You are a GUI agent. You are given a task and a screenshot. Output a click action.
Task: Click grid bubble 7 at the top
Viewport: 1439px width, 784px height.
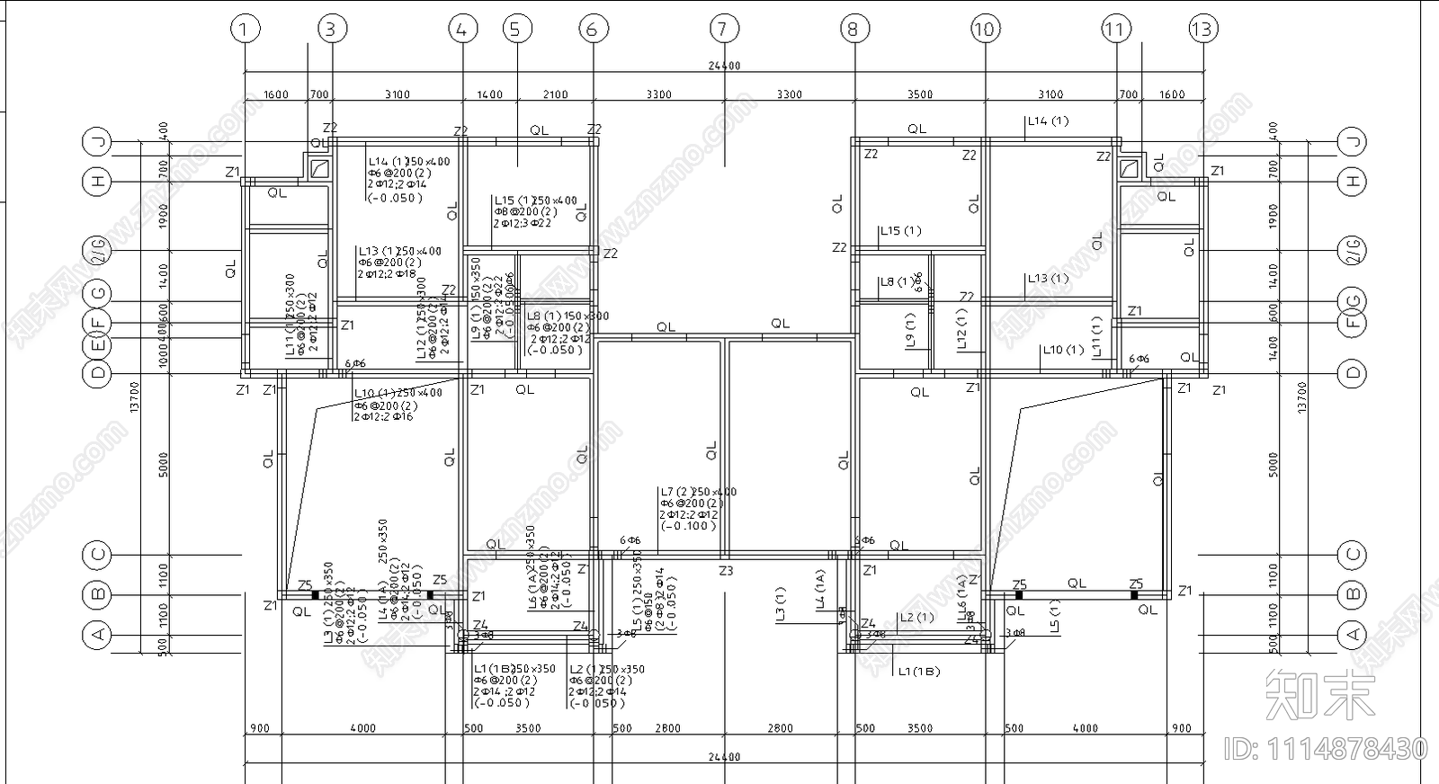click(x=723, y=29)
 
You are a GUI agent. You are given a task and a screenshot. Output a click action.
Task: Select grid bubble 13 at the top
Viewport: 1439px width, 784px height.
click(x=1202, y=29)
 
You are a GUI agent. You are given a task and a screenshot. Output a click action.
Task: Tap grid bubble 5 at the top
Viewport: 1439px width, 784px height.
click(x=514, y=29)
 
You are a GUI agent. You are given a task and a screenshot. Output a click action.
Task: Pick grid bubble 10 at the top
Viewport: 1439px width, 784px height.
click(x=984, y=29)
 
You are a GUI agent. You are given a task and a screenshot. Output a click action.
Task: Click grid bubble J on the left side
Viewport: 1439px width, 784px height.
click(x=97, y=141)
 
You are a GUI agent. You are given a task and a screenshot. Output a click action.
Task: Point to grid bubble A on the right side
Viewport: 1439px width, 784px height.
click(x=1352, y=635)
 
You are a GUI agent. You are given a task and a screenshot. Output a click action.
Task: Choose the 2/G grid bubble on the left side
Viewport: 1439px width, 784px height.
click(x=97, y=250)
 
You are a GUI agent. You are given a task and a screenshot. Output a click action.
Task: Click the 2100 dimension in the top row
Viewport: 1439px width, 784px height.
click(x=555, y=94)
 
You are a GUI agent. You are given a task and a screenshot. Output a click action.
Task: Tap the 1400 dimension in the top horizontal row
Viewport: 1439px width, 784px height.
click(x=489, y=94)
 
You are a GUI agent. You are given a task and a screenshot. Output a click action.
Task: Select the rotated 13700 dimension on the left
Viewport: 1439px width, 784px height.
click(x=135, y=396)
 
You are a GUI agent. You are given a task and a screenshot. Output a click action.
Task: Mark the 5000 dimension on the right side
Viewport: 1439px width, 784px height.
click(x=1273, y=464)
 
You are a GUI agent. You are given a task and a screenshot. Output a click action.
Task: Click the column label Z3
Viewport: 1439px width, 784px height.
click(x=726, y=571)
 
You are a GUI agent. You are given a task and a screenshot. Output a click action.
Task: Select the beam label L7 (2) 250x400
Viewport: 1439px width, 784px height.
click(x=698, y=492)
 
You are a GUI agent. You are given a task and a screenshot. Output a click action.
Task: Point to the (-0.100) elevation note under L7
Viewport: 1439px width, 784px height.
click(x=688, y=526)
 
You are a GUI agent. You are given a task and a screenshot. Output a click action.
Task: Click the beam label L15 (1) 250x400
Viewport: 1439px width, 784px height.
click(x=535, y=200)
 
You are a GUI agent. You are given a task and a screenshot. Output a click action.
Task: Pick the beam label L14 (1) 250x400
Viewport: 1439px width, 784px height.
click(x=408, y=162)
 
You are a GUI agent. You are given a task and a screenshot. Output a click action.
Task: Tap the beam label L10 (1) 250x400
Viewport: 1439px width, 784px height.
click(x=398, y=393)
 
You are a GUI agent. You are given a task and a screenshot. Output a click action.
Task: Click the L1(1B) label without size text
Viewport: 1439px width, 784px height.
click(x=918, y=671)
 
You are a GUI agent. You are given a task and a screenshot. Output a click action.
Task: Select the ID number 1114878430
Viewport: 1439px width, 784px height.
click(x=1326, y=748)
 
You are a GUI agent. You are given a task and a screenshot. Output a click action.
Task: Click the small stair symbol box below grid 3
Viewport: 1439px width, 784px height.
click(x=319, y=168)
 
